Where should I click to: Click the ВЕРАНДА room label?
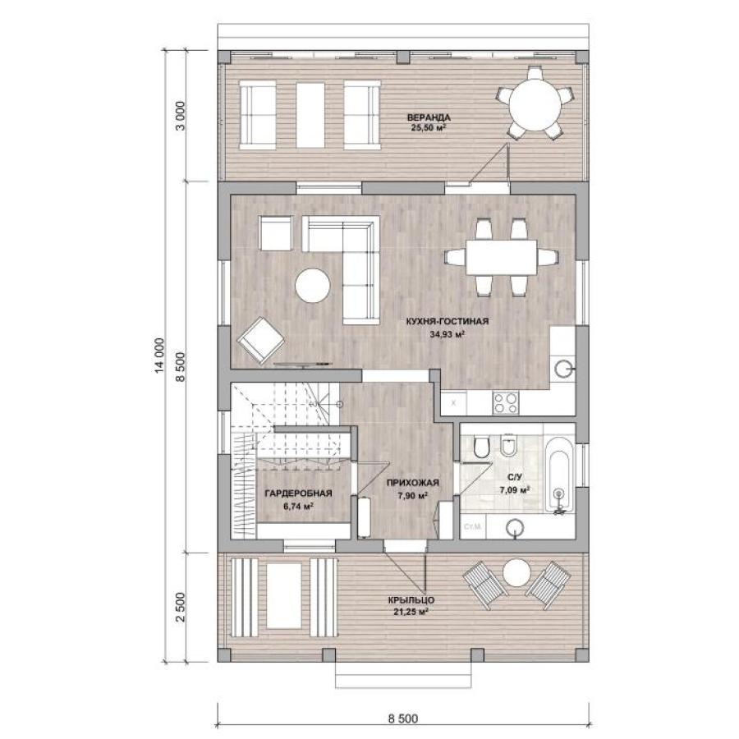429,117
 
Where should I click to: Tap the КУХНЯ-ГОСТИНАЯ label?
448,321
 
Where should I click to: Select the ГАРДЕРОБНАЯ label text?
298,493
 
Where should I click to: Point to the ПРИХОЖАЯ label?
412,483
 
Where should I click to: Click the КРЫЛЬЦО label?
411,600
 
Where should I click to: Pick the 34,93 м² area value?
448,334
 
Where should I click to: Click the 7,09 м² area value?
515,489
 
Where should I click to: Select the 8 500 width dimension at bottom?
403,718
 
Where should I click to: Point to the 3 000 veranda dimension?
181,116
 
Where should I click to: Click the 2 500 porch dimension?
181,607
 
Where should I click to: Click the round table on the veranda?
534,103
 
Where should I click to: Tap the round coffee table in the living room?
313,286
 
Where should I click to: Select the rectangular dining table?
502,257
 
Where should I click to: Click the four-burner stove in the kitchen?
506,403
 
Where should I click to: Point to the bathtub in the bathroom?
561,476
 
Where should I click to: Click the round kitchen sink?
563,369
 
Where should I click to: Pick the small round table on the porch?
517,572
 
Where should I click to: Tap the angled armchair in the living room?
260,340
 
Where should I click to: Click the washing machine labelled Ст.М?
472,526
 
